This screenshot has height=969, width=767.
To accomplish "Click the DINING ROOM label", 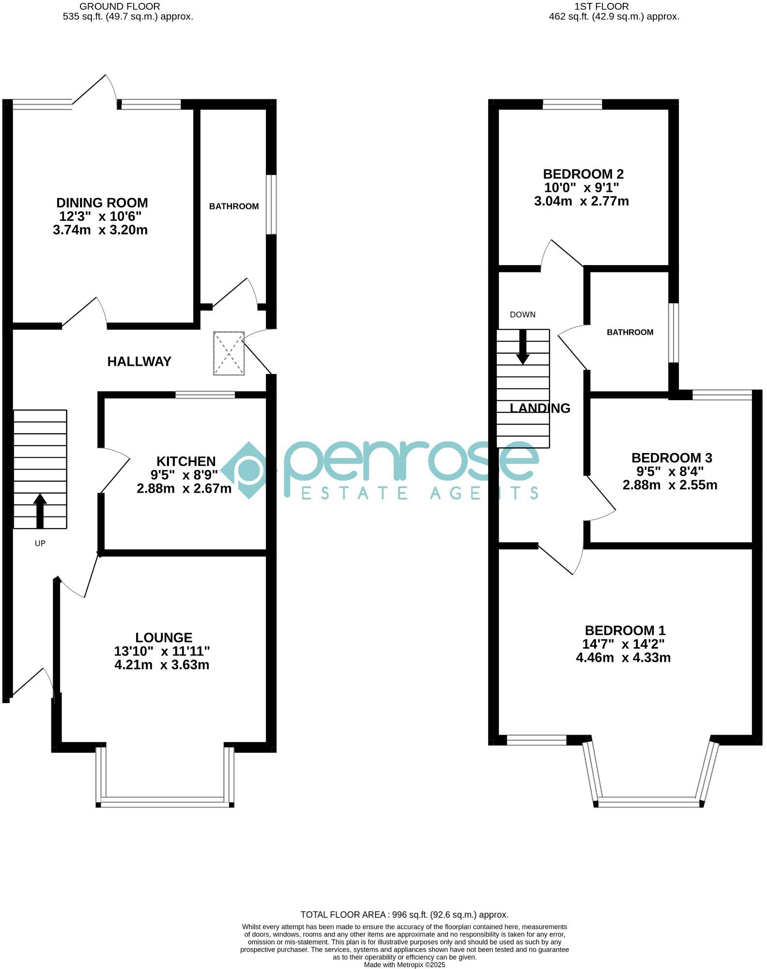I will [102, 203].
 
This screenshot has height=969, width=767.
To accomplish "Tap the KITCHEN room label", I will [185, 461].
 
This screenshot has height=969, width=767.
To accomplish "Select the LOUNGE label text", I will [164, 638].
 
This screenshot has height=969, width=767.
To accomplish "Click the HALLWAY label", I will [139, 361].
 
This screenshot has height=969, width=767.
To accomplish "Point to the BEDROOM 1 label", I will [625, 630].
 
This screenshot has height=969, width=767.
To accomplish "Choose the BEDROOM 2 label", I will [583, 174].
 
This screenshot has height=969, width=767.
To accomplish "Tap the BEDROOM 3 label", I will [671, 458].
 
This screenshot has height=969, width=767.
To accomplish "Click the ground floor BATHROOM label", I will [234, 206].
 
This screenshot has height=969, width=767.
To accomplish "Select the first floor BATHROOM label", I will [630, 332].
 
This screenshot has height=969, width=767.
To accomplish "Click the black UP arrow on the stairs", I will [40, 511].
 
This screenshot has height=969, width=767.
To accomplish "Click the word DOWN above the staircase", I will [522, 315].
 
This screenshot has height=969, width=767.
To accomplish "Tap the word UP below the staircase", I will [40, 544].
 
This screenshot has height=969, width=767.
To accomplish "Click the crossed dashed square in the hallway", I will [229, 353].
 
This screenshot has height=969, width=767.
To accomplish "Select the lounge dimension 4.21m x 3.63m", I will [162, 665].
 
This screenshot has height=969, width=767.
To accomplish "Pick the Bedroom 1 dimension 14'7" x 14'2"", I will [623, 644].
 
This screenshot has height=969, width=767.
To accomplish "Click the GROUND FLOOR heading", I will [120, 6].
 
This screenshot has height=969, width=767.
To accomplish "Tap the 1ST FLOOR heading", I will [601, 6].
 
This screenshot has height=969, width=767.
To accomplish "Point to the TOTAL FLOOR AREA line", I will [404, 915].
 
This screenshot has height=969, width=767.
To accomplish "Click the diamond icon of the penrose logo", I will [248, 470].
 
